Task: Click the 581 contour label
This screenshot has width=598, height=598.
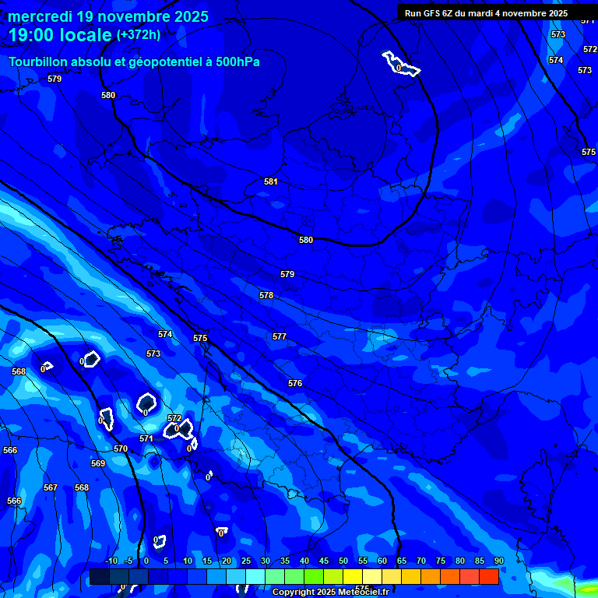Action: click(270, 181)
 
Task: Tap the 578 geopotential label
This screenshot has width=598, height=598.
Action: click(266, 295)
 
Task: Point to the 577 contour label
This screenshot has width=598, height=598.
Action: click(280, 336)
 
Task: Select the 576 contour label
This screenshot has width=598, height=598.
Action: click(294, 383)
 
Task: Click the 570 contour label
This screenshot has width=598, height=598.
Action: click(121, 448)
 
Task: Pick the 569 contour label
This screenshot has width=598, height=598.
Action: click(98, 463)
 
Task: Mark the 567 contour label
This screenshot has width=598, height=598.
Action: click(51, 487)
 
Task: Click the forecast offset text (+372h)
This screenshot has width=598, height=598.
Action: click(139, 34)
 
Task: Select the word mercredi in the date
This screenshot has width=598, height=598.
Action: click(39, 16)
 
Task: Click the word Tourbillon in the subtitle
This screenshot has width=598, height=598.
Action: click(39, 62)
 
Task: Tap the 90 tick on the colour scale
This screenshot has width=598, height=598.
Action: click(498, 561)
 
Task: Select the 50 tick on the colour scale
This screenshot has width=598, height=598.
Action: click(343, 561)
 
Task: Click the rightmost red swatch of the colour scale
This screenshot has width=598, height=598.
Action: click(488, 576)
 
